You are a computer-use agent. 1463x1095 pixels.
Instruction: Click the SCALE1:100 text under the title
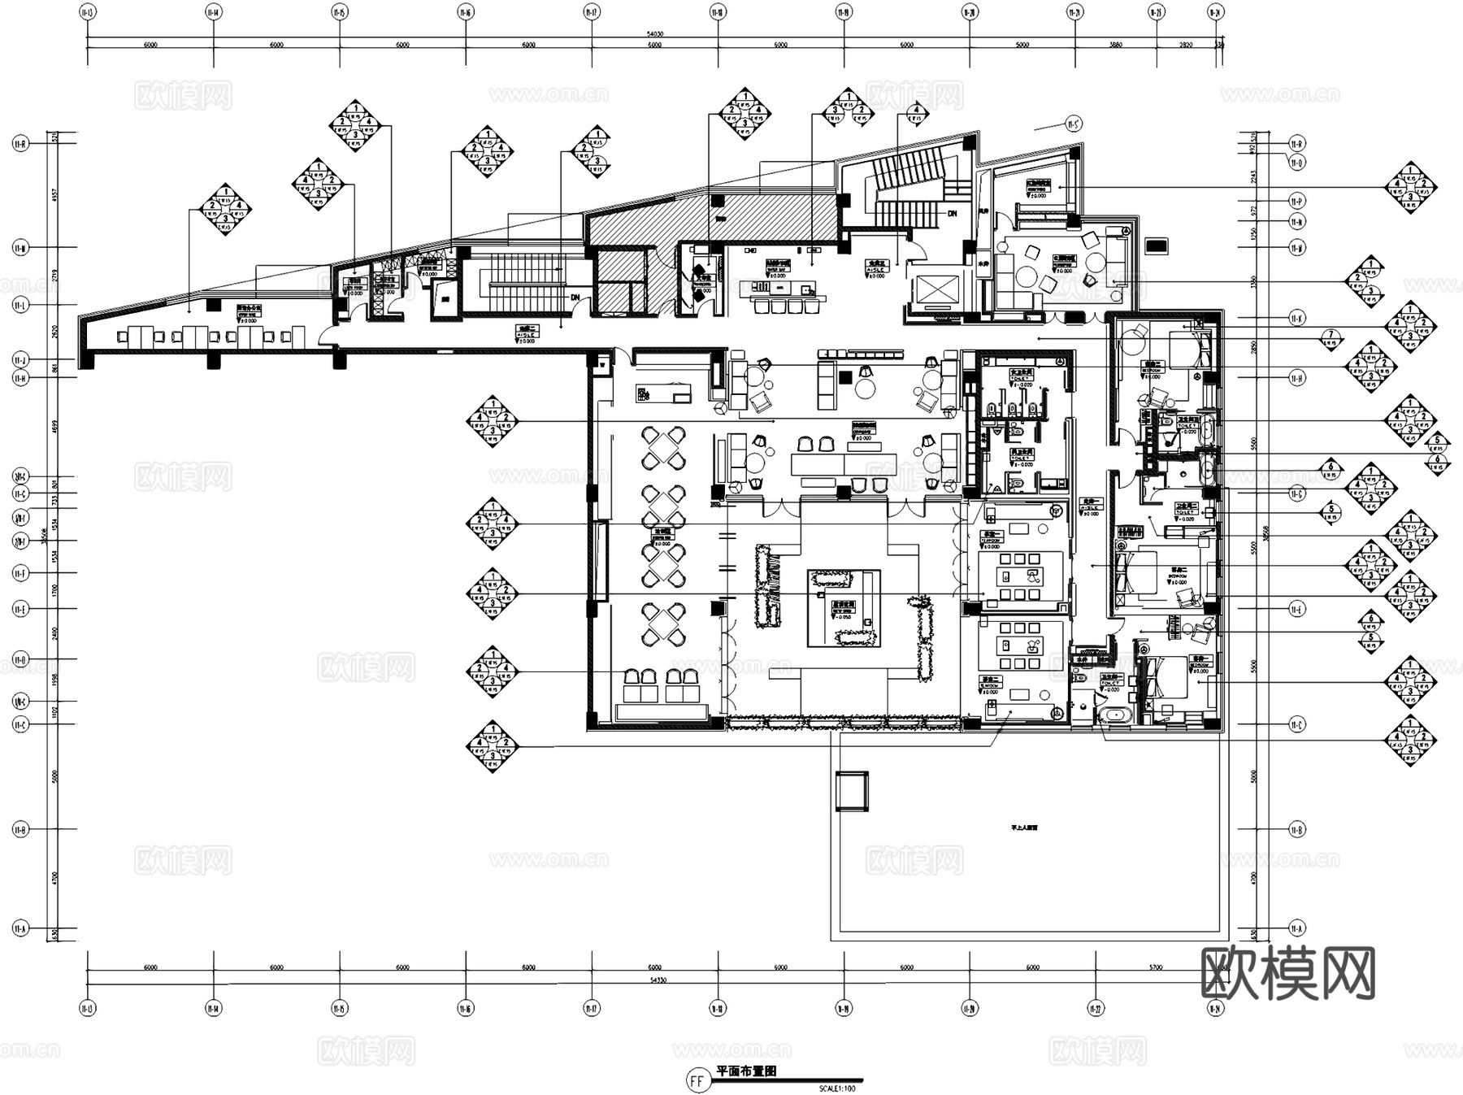coord(837,1088)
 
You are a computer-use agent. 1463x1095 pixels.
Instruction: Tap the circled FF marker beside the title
coord(697,1081)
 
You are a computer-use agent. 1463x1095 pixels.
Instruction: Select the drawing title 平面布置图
coord(745,1071)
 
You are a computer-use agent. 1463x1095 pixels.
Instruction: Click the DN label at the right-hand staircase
coord(953,212)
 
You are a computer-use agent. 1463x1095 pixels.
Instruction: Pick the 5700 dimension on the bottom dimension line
coord(1155,967)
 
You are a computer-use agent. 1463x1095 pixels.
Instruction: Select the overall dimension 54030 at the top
coord(655,34)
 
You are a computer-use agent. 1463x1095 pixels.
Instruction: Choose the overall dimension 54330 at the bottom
coord(655,980)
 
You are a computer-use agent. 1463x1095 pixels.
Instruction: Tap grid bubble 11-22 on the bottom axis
coord(1095,1009)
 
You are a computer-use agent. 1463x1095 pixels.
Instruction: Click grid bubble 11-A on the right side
coord(1296,928)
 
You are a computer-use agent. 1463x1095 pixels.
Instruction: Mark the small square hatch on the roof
coord(853,790)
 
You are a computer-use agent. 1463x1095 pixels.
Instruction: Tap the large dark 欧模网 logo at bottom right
coord(1287,973)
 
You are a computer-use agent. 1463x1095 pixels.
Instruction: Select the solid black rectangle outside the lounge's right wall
coord(1156,244)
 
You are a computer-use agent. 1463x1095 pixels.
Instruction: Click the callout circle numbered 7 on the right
coord(1331,335)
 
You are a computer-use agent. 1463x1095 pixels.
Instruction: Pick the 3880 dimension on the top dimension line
coord(1116,45)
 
